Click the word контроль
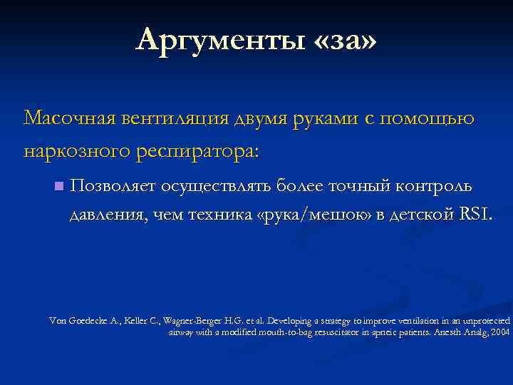(435, 186)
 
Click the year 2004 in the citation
(500, 332)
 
